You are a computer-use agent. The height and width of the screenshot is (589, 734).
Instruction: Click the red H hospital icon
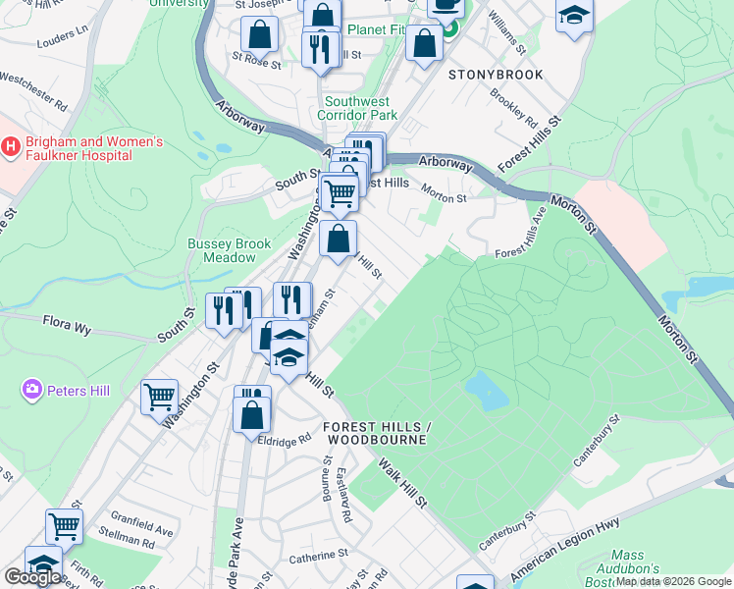click(x=11, y=147)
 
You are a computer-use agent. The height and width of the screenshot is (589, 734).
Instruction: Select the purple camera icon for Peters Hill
click(x=32, y=391)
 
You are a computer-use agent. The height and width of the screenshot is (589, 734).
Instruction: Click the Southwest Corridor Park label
click(x=357, y=108)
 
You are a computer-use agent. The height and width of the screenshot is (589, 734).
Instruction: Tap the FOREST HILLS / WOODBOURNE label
click(x=376, y=433)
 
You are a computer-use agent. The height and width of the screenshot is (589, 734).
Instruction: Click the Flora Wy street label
click(x=66, y=322)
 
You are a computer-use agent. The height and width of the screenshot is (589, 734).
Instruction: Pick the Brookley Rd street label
click(x=514, y=110)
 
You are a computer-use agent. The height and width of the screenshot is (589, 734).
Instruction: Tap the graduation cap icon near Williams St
click(x=574, y=17)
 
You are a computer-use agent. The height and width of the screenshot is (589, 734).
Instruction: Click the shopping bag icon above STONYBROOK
click(x=424, y=44)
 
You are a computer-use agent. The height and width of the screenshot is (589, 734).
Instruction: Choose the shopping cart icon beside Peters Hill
click(x=159, y=398)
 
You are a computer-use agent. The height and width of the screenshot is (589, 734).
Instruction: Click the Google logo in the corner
click(x=32, y=577)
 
